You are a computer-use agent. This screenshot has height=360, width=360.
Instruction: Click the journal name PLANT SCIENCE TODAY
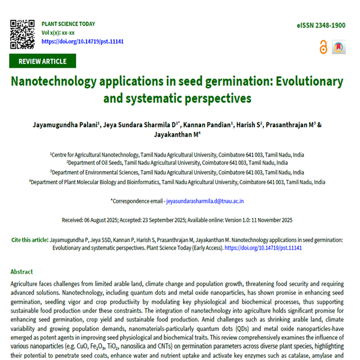click(x=68, y=24)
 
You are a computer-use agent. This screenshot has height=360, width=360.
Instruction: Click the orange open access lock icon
click(x=324, y=46)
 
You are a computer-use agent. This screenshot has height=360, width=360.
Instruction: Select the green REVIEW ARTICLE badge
click(x=42, y=61)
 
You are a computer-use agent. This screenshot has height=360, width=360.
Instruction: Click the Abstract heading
click(x=22, y=272)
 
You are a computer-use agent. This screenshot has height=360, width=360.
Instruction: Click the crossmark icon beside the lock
click(x=339, y=46)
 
